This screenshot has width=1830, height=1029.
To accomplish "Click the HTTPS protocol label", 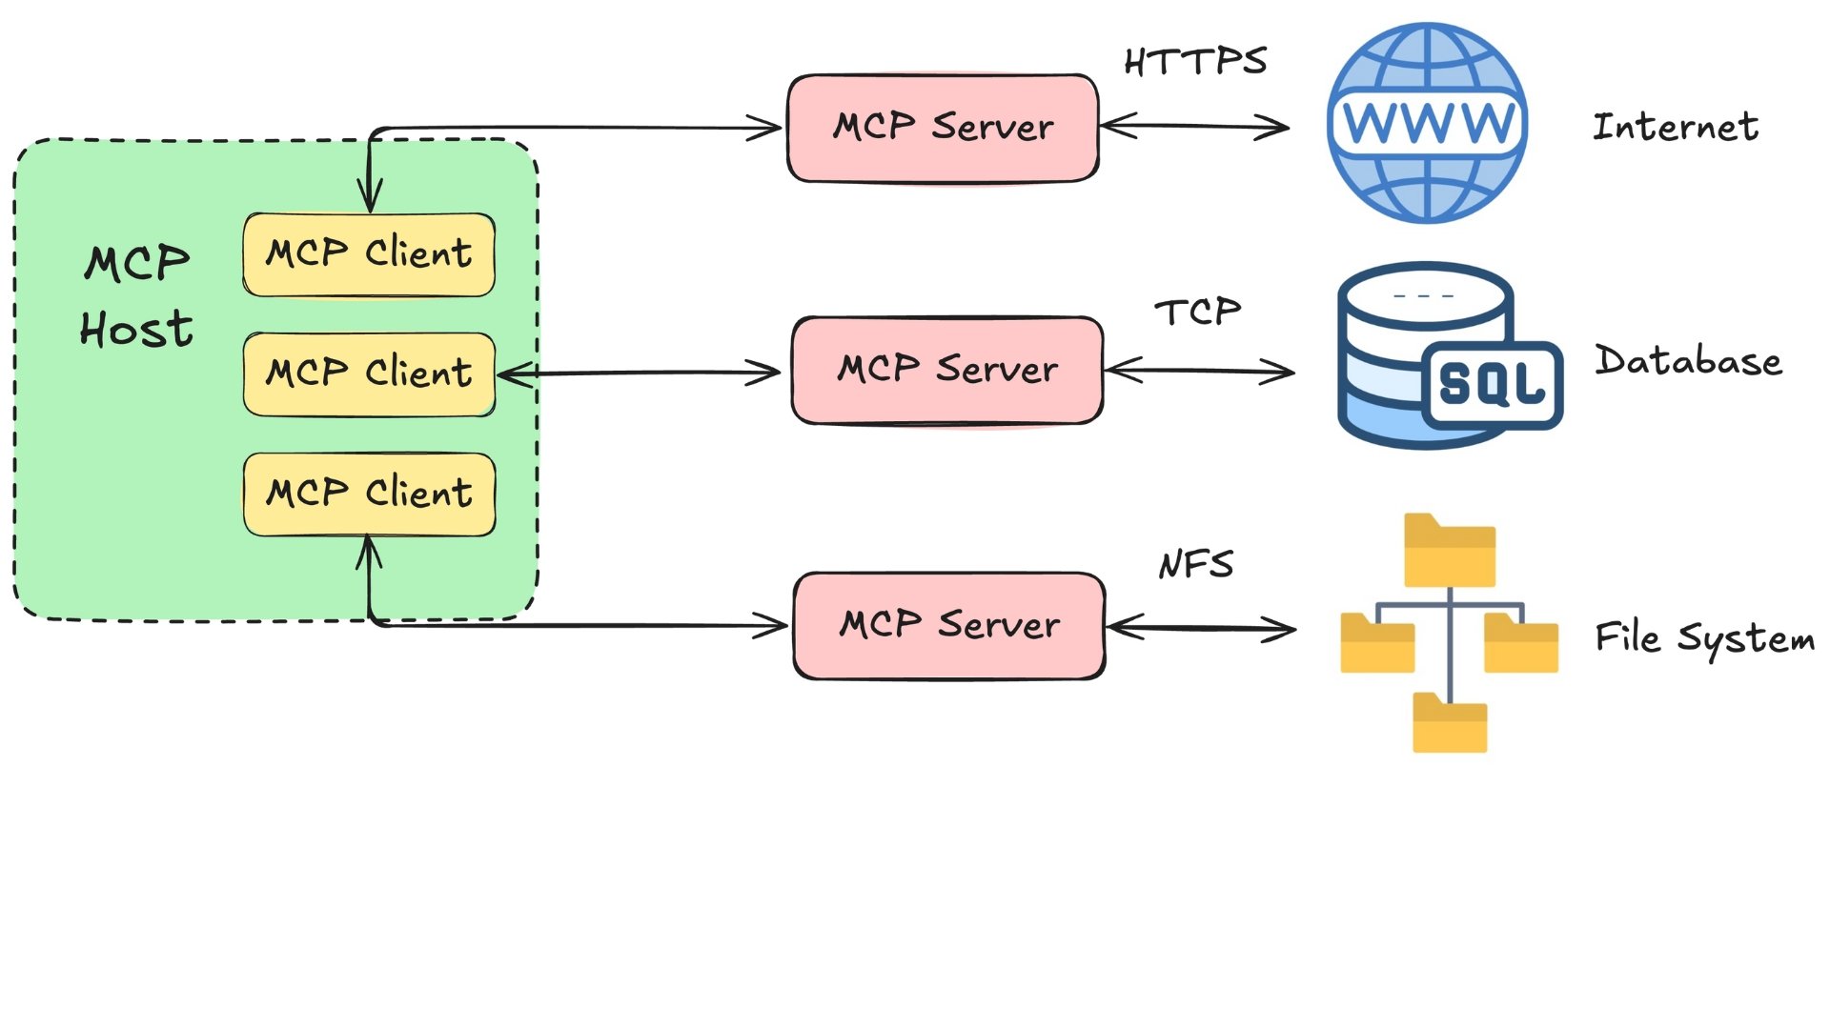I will tap(1195, 62).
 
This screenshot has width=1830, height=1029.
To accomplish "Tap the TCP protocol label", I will tap(1198, 312).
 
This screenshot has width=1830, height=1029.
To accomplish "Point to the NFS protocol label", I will tap(1196, 564).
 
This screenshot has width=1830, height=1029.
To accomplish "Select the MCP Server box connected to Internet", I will tap(943, 128).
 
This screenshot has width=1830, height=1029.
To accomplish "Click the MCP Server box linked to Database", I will tap(947, 370).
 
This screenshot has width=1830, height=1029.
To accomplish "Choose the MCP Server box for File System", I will tap(949, 625).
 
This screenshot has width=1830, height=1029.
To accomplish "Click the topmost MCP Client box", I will tap(369, 254).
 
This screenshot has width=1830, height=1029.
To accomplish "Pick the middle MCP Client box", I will tap(369, 373).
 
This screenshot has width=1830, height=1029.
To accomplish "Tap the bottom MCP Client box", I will tap(369, 494).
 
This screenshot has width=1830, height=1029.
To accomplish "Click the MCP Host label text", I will tap(136, 295).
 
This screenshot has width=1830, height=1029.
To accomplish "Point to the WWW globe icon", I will tap(1427, 124).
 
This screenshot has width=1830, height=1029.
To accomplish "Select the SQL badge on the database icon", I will tap(1492, 384).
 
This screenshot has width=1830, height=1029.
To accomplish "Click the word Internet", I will tap(1676, 127).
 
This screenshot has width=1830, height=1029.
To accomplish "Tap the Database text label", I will tap(1688, 361).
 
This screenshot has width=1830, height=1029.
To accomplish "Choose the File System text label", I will tap(1704, 638).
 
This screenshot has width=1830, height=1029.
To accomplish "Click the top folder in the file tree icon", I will tap(1449, 551).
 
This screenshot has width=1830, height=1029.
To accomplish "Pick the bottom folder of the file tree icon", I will tap(1449, 724).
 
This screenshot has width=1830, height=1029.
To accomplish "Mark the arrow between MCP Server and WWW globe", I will tap(1194, 126).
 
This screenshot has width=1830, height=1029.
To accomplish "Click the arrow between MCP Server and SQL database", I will tap(1199, 371).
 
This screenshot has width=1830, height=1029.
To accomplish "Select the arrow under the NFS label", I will tap(1201, 628).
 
